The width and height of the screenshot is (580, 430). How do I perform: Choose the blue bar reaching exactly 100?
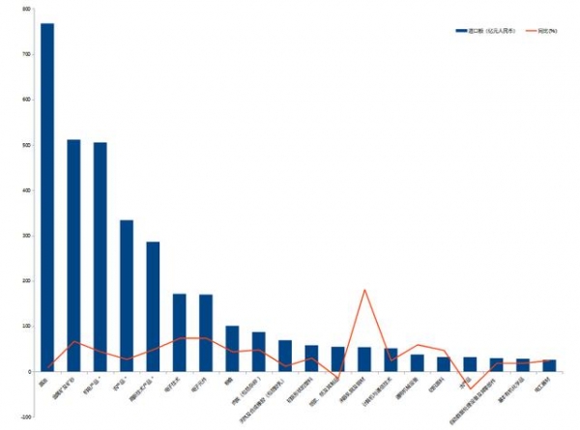coord(232,349)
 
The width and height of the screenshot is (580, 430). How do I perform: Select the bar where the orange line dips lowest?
coord(470,364)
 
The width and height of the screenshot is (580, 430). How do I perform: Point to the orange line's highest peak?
coord(364,290)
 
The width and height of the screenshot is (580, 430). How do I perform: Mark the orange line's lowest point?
coord(470,387)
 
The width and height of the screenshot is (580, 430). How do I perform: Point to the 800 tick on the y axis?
coord(28,9)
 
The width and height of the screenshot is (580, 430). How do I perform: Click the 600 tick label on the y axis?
coord(28,100)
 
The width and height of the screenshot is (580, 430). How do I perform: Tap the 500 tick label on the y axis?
coord(28,145)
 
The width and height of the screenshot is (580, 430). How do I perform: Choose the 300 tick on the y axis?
coord(28,236)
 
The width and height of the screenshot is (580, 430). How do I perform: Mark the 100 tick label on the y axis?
coord(28,327)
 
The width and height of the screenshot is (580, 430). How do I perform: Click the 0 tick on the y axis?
coord(30,372)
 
